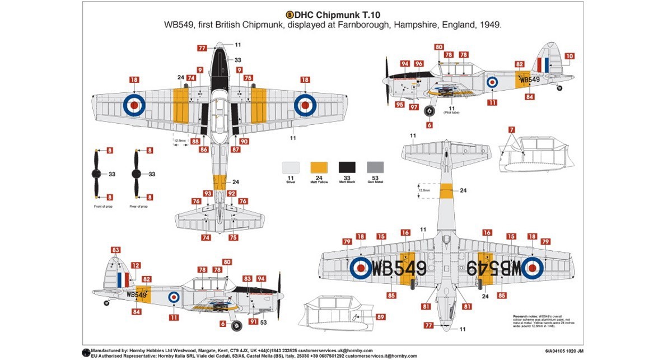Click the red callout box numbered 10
click(x=570, y=56)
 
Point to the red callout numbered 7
click(x=511, y=130)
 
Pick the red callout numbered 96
click(x=419, y=64)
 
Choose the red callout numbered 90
click(x=244, y=142)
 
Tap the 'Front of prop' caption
click(x=97, y=207)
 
